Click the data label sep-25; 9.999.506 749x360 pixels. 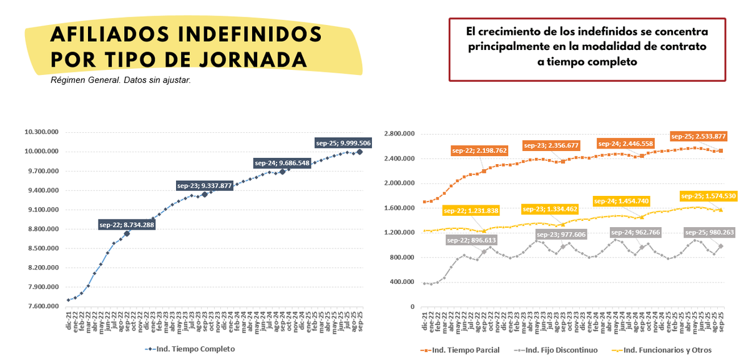coord(343,143)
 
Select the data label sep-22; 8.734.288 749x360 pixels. coord(127,225)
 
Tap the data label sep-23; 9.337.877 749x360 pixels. coord(205,185)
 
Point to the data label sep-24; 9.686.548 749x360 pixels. coord(282,163)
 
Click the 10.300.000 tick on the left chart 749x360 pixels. coord(42,132)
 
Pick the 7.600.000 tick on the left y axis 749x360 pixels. coord(42,306)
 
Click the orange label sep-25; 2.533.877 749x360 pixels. coord(697,136)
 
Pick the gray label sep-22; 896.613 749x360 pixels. coord(472,240)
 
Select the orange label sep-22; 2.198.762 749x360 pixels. coord(480,150)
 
